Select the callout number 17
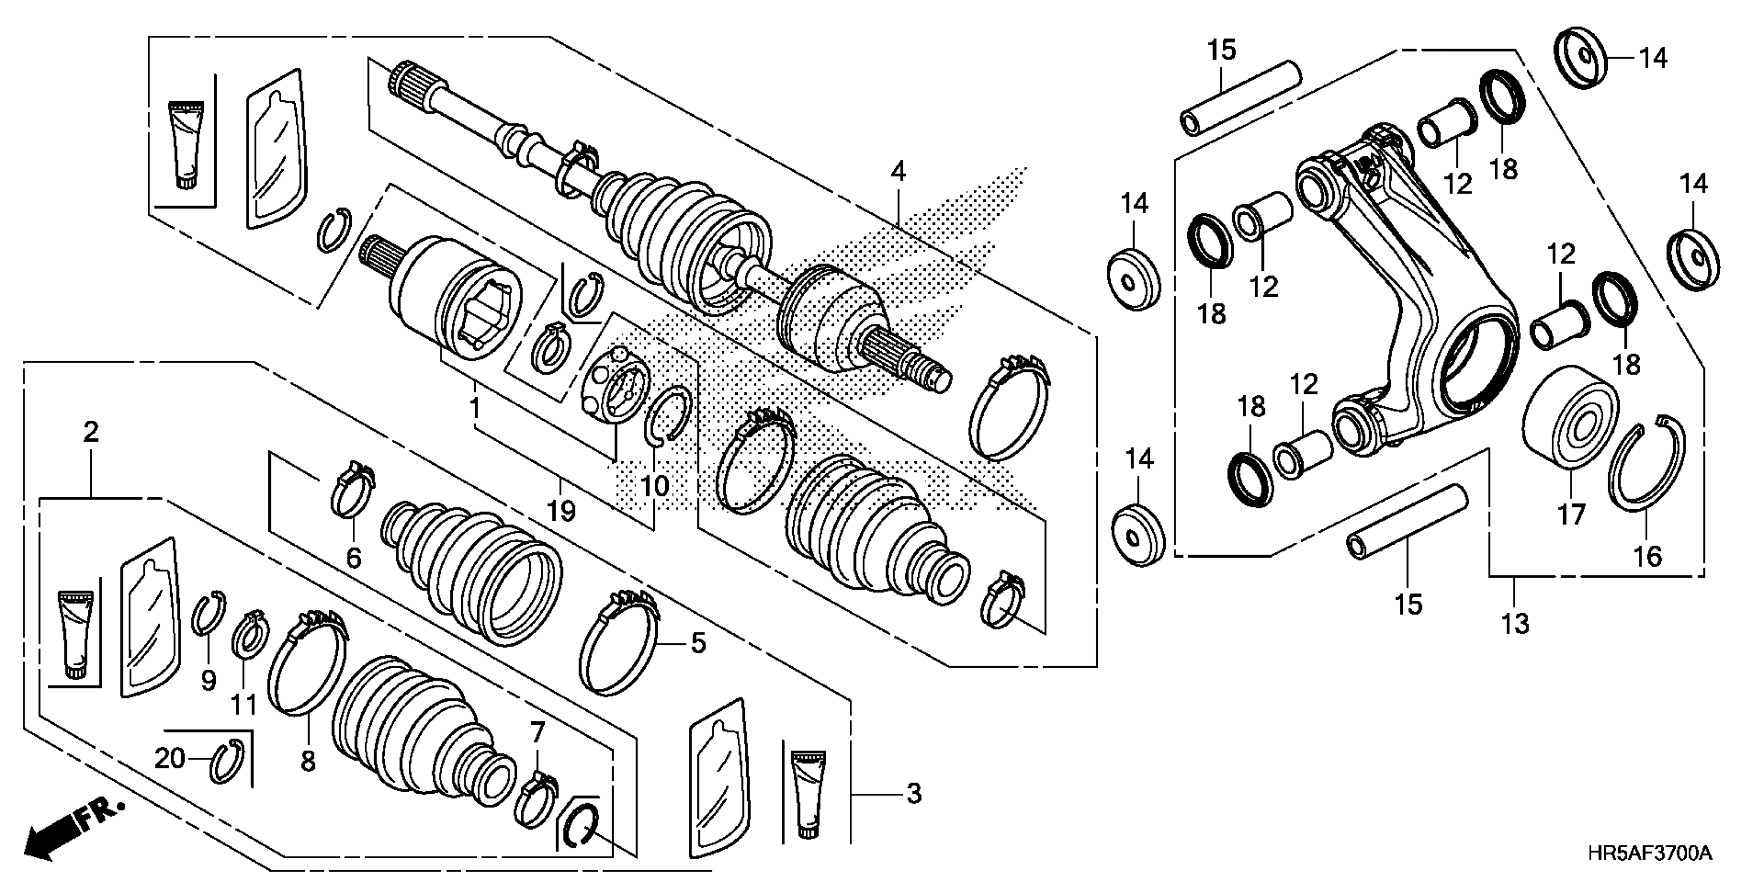[x=1572, y=514]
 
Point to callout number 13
[x=1515, y=623]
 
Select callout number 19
[x=561, y=509]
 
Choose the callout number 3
[x=914, y=794]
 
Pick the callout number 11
[x=243, y=704]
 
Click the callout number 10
[x=655, y=486]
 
